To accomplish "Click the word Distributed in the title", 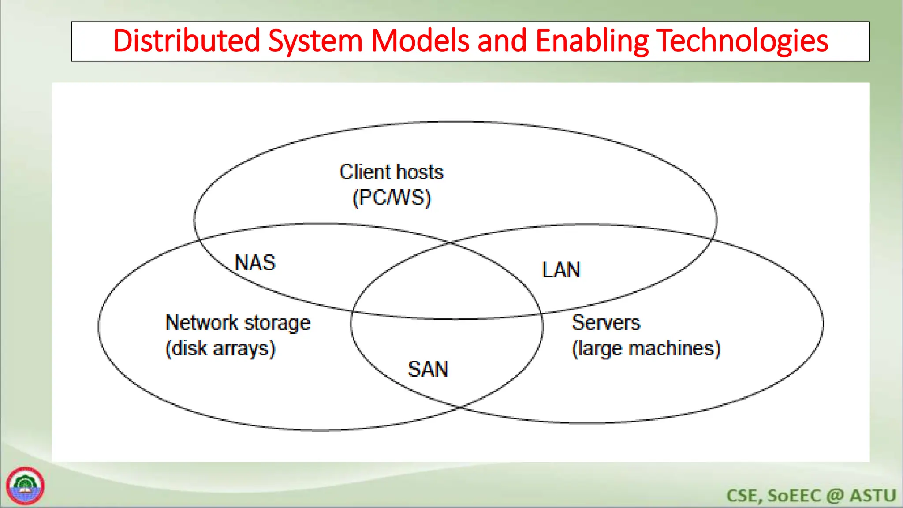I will point(187,41).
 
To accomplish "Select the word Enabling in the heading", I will point(592,41).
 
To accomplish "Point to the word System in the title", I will point(315,41).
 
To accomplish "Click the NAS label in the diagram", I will point(255,263).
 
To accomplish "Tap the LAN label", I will point(561,270).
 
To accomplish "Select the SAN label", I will point(428,369).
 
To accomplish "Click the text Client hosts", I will point(391,172).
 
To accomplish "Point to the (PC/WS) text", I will point(391,198).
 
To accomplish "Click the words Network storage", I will point(238,323).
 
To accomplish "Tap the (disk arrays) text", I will point(220,348).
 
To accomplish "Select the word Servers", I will point(605,322).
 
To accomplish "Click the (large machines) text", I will point(646,348).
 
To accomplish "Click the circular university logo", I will point(25,486).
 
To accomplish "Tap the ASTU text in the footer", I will point(873,496).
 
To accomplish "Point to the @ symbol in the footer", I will point(835,496).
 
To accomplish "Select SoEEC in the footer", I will point(794,496).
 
